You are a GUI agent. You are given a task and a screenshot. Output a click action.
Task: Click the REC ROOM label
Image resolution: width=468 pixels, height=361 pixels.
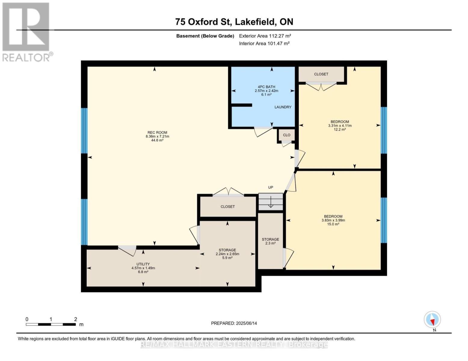click(157, 132)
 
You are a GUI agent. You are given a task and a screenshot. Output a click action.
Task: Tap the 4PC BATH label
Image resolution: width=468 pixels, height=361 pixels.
click(266, 87)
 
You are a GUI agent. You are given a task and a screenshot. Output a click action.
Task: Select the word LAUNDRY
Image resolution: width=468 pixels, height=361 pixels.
click(283, 107)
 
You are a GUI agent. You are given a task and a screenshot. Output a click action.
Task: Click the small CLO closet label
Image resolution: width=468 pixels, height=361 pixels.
click(286, 135)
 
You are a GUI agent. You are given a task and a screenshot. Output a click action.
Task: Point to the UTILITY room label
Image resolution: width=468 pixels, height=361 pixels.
click(143, 264)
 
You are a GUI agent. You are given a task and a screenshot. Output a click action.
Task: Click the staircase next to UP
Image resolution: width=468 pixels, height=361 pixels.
click(270, 202)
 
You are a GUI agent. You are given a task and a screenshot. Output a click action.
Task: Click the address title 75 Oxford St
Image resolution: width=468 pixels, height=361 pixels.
click(203, 22)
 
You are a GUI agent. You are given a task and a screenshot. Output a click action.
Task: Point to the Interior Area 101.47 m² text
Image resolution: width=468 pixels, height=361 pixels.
click(264, 44)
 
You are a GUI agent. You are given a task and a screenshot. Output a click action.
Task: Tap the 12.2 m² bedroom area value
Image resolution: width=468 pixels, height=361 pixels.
click(340, 129)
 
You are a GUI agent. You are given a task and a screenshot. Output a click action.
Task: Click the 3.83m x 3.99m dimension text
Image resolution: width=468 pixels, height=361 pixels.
click(333, 220)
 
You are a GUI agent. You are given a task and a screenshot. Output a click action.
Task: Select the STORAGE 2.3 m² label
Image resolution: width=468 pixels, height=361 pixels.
click(270, 241)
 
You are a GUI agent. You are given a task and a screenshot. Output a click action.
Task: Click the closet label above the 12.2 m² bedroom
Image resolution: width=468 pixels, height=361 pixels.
click(321, 74)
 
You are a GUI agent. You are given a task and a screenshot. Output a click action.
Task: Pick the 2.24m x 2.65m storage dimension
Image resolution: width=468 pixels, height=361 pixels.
click(227, 254)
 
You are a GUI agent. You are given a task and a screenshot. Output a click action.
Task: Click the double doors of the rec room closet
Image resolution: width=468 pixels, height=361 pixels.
click(228, 192)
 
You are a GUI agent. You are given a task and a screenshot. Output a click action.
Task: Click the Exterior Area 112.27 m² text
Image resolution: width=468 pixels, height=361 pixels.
click(265, 36)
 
